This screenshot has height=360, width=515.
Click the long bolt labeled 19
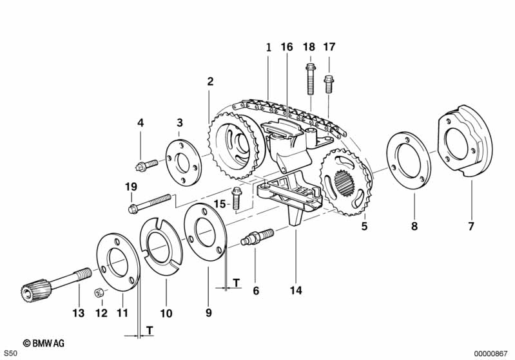coord(151,202)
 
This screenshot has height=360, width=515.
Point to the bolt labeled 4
coord(148,165)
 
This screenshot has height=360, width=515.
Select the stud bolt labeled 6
coord(257,237)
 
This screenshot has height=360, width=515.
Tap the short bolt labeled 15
coord(235,198)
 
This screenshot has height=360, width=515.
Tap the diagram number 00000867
coord(492,354)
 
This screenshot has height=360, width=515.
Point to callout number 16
coord(286,47)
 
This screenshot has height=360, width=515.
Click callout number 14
coord(296,290)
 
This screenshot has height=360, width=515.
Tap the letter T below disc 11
coord(150,330)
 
